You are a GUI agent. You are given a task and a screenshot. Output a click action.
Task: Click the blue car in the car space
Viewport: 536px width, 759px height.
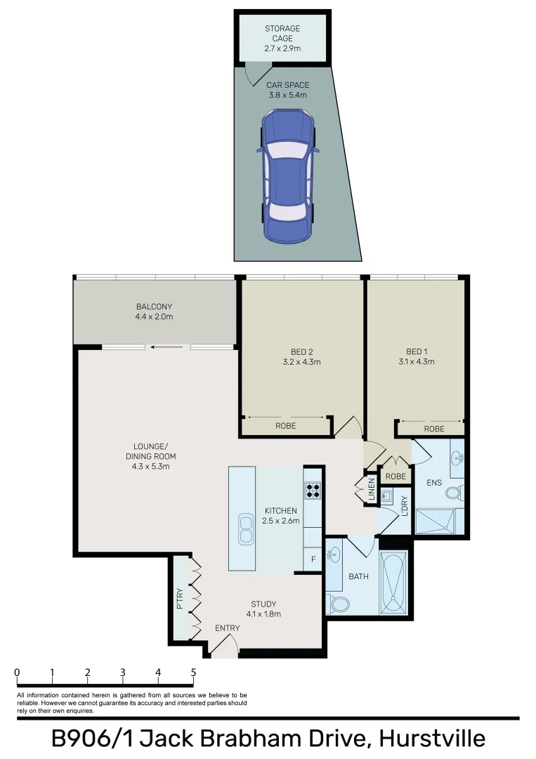(287, 175)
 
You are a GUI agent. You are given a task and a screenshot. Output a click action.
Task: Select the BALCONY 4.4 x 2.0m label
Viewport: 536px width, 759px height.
(154, 311)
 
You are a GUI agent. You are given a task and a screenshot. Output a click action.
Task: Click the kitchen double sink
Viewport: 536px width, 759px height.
(246, 528)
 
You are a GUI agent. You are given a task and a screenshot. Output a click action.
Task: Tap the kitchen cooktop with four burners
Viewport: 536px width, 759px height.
(313, 489)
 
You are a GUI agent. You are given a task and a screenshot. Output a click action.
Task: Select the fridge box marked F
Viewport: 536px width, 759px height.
(313, 560)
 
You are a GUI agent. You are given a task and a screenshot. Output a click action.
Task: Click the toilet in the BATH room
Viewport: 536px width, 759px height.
(339, 603)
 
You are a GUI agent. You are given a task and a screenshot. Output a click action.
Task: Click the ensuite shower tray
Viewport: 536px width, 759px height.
(434, 522)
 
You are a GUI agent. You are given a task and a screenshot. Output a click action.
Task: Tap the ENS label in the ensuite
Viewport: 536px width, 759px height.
(434, 484)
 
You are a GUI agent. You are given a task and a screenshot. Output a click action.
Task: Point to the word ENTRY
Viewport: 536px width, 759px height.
(227, 628)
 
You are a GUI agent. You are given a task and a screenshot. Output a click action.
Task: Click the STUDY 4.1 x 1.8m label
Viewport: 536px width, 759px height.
(263, 609)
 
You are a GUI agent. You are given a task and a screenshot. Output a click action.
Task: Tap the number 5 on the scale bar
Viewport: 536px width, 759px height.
(193, 673)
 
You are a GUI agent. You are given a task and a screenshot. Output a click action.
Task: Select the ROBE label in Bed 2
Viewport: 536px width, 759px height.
(285, 426)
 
